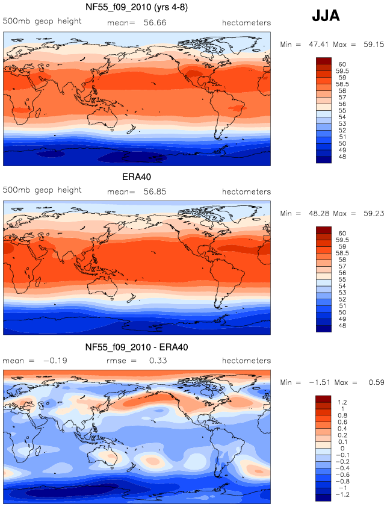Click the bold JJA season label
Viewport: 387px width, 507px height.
[x=326, y=16]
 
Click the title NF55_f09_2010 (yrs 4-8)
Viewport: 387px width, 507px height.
[x=137, y=7]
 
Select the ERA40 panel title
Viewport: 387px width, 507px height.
[x=137, y=177]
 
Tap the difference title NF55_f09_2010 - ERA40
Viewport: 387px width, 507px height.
[x=137, y=347]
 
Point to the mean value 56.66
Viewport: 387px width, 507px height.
[x=155, y=23]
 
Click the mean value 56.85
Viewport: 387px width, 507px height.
[x=155, y=191]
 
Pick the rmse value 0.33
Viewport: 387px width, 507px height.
[x=158, y=361]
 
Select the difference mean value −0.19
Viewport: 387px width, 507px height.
[x=55, y=361]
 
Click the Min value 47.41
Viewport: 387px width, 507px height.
[x=318, y=45]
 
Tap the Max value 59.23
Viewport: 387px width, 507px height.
[x=374, y=213]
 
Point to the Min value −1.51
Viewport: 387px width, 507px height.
[x=320, y=382]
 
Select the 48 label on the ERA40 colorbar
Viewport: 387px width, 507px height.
[x=342, y=326]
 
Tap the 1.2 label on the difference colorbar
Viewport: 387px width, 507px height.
[x=342, y=403]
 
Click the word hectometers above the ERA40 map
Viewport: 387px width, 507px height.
[x=246, y=191]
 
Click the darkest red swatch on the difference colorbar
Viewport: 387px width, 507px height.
[x=323, y=399]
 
